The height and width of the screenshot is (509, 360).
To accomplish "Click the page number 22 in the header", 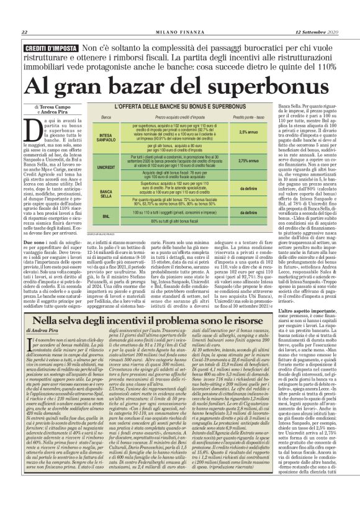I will [x=24, y=32].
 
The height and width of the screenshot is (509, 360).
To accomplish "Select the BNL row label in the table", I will [x=106, y=215].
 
